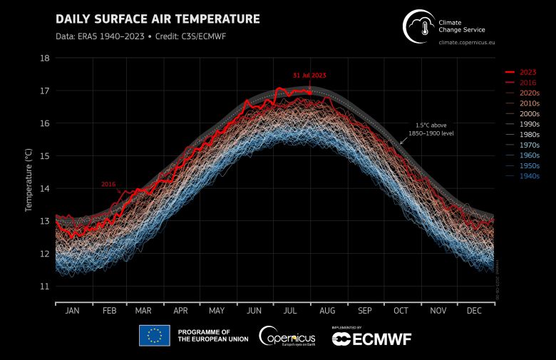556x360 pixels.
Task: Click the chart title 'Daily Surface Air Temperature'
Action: (158, 19)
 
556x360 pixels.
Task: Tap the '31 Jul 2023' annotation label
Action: (310, 75)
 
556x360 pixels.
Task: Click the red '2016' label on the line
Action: (108, 184)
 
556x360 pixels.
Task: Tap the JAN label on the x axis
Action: (72, 312)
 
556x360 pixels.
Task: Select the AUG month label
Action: (327, 312)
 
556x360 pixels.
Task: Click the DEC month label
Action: (475, 312)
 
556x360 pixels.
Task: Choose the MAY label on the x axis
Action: (217, 312)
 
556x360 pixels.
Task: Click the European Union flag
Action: (155, 335)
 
